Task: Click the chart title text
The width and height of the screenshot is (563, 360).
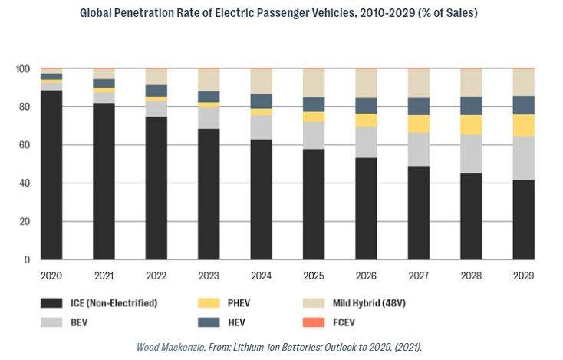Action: point(281,13)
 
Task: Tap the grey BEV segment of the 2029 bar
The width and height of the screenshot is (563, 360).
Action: point(523,158)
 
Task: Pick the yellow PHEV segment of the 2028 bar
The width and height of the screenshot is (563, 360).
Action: point(471,125)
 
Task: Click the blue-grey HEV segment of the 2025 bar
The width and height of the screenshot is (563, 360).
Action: point(314,104)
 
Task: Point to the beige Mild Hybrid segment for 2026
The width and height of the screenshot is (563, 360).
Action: point(366,83)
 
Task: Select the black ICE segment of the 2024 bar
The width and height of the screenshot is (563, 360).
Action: point(261,200)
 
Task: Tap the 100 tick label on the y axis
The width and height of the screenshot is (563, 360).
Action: point(22,69)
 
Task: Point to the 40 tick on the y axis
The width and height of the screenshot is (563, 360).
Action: point(25,183)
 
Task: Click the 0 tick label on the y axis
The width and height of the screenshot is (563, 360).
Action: point(27,260)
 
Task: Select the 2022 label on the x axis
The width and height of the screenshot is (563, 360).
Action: point(156,276)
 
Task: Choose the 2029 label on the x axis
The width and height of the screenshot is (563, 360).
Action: point(523,276)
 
